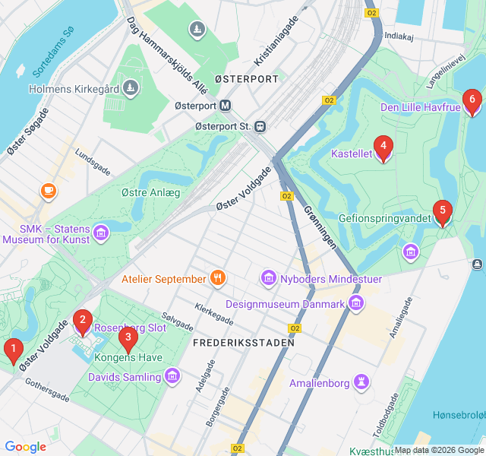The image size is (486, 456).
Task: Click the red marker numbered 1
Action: pyautogui.click(x=13, y=350)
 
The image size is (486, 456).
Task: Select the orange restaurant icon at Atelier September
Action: pyautogui.click(x=218, y=278)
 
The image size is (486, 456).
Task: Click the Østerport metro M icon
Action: pyautogui.click(x=227, y=106)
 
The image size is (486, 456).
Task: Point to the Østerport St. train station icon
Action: pyautogui.click(x=260, y=125)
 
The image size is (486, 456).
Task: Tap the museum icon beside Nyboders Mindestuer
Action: pyautogui.click(x=268, y=279)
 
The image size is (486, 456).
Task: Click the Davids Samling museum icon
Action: pyautogui.click(x=172, y=376)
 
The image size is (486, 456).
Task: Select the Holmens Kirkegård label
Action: pyautogui.click(x=74, y=89)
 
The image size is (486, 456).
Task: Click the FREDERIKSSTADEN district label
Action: pyautogui.click(x=243, y=343)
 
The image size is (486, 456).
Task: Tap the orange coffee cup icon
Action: pyautogui.click(x=49, y=190)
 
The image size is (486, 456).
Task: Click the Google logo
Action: pyautogui.click(x=26, y=447)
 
